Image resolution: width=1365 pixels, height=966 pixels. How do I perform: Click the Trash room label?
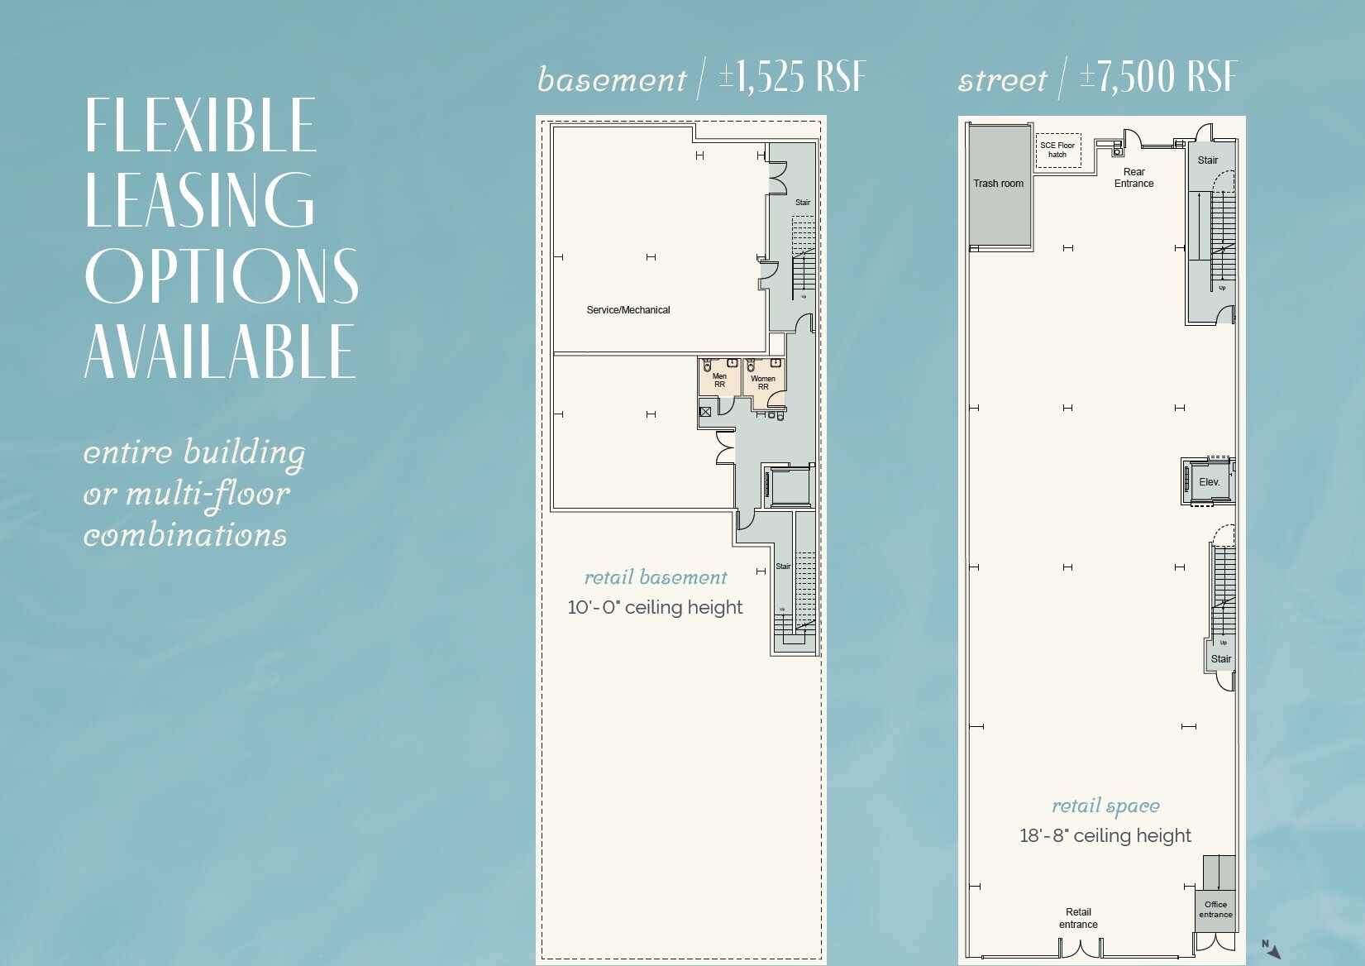point(998,184)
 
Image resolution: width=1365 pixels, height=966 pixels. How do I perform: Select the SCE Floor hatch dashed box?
point(1057,150)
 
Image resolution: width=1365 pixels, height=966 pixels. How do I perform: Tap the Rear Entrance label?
point(1134,178)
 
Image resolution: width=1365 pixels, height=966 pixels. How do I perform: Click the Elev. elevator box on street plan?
point(1209,482)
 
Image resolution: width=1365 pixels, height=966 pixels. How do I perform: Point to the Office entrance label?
point(1215,910)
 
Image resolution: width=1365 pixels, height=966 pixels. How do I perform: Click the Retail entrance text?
point(1078,918)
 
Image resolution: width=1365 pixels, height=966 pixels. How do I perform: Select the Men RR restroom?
point(718,379)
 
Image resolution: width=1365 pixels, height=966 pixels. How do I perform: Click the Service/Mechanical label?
point(628,310)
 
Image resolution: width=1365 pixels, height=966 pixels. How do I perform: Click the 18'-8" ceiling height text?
point(1105,835)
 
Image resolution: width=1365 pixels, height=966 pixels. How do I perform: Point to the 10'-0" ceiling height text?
point(655,607)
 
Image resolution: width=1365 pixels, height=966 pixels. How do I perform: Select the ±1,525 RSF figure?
point(792,78)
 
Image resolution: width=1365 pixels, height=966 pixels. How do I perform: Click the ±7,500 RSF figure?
point(1158,78)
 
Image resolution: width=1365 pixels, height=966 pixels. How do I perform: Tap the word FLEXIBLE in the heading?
point(201,125)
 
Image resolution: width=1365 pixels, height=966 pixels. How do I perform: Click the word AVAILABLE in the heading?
point(220,351)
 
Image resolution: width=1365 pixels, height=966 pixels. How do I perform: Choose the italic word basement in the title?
point(611,80)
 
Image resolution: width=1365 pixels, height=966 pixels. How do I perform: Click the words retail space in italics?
point(1105,806)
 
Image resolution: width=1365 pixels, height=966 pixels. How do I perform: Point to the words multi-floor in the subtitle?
point(207,495)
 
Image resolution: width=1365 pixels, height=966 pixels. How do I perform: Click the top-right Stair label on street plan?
point(1207,160)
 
